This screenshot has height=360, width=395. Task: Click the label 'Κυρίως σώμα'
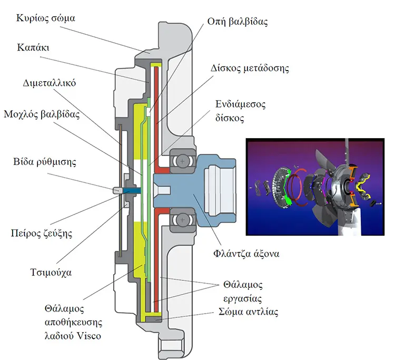[x=46, y=18]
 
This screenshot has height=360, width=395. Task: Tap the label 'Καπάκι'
[x=33, y=47]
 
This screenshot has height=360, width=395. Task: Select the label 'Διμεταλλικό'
[x=50, y=83]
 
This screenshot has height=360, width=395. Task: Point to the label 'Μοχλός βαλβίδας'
[x=42, y=114]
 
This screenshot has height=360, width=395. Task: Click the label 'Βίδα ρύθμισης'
[x=45, y=162]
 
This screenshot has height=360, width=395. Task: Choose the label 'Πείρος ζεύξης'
[x=42, y=233]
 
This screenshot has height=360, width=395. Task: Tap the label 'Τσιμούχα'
[x=51, y=273]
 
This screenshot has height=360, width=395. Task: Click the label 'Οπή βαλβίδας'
[x=238, y=22]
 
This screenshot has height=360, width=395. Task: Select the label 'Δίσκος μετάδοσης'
[x=250, y=69]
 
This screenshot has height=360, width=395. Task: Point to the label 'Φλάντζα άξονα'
[x=246, y=253]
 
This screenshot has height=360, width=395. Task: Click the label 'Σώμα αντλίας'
[x=248, y=312]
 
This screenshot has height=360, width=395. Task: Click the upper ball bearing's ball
[x=182, y=161]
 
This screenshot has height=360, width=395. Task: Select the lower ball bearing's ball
[x=182, y=220]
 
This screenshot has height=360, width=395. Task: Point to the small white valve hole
[x=149, y=112]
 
